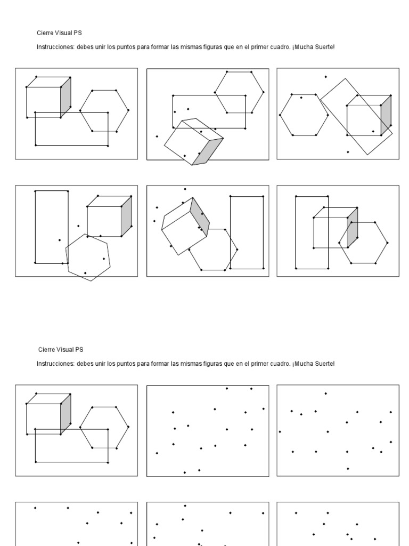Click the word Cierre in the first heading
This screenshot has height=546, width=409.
[45, 33]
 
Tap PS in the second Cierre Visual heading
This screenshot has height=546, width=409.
[79, 350]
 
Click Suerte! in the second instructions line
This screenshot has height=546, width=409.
[325, 364]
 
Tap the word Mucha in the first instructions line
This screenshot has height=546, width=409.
[304, 47]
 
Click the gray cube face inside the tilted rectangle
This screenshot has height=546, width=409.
[386, 116]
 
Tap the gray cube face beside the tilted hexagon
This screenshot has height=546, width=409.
[127, 216]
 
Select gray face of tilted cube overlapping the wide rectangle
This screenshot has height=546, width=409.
[208, 151]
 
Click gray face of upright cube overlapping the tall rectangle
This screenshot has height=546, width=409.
[353, 228]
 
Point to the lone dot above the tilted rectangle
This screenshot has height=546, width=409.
[326, 77]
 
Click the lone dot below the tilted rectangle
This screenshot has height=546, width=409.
[348, 152]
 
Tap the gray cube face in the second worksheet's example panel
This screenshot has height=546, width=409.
[66, 414]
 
